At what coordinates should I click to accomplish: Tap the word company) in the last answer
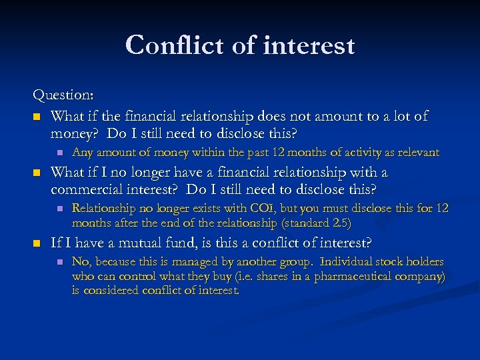tap(423, 276)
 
